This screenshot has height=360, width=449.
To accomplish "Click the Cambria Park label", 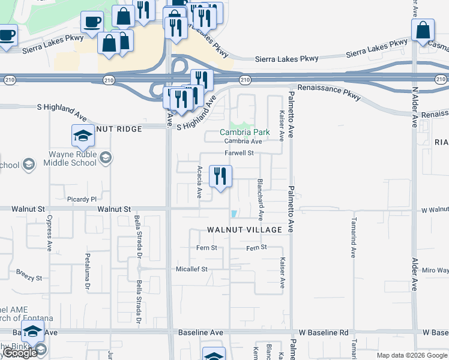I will [x=244, y=132].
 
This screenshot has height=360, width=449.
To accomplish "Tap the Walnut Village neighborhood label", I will [x=244, y=230].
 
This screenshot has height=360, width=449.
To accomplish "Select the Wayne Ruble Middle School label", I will [x=72, y=158].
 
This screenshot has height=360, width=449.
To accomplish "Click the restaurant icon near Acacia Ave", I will [x=220, y=176].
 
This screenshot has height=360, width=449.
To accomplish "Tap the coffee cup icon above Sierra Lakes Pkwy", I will [x=92, y=22].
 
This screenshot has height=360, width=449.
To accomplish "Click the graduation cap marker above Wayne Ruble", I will [x=82, y=136].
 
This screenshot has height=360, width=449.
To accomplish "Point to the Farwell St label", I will [x=240, y=153].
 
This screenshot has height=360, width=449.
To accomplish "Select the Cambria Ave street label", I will [x=243, y=142].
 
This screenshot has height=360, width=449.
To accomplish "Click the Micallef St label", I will [x=191, y=269].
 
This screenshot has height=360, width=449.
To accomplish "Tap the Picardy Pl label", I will [x=82, y=199].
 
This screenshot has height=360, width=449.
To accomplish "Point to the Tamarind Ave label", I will [x=354, y=246].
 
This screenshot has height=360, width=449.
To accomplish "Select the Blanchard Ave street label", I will [x=261, y=197].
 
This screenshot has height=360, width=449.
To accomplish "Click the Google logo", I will [x=20, y=353].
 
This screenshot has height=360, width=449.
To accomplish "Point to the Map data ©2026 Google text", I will [x=411, y=355].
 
